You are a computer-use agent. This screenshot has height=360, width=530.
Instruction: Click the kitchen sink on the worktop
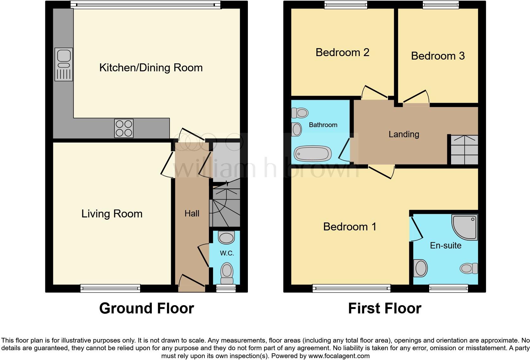[x=64, y=64]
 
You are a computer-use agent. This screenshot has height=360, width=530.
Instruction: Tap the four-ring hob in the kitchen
[x=124, y=128]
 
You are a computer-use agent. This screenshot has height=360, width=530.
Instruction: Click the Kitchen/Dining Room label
[x=151, y=67]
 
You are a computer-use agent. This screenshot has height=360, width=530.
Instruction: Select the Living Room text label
[x=112, y=214]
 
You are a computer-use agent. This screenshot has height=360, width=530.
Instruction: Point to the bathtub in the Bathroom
[x=313, y=154]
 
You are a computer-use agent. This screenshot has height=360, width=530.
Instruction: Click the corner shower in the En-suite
[x=465, y=227]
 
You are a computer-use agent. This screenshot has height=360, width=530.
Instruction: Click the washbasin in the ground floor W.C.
[x=226, y=237]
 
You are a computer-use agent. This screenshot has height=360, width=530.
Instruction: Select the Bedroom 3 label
[x=438, y=56]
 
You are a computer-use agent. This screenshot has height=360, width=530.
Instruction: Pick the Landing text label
[x=404, y=134]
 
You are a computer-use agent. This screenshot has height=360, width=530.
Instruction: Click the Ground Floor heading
[x=146, y=308]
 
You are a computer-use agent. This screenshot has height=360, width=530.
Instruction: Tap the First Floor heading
[x=385, y=308]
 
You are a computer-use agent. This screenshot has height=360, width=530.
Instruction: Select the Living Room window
[x=110, y=288]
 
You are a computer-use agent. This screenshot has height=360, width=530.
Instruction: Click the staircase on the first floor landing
[x=464, y=150]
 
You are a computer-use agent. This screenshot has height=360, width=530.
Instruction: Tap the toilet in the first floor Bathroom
[x=300, y=113]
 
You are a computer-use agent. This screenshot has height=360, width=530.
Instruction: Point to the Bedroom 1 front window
[x=351, y=288]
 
